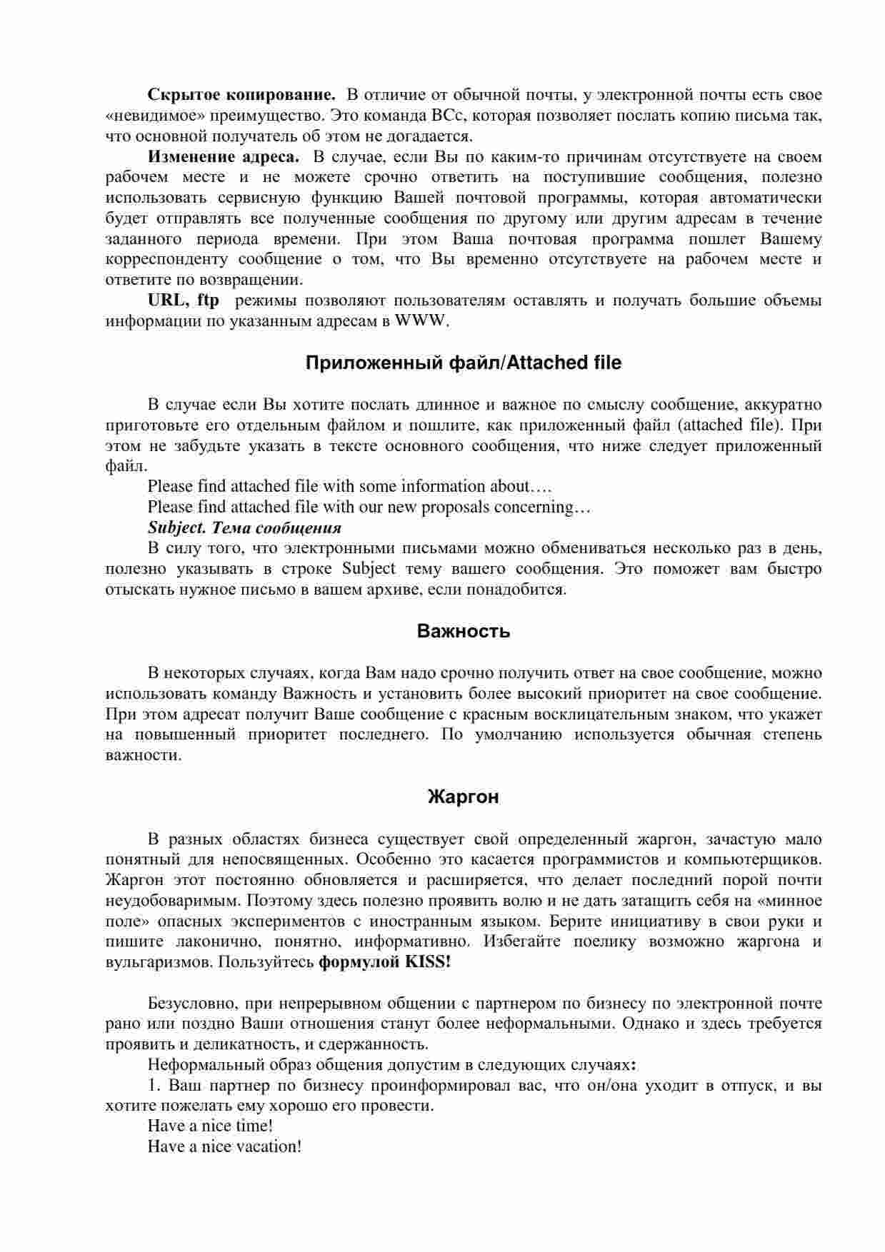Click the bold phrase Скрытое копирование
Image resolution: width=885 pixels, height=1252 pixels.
[241, 95]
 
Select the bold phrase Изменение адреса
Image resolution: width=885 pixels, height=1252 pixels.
[223, 157]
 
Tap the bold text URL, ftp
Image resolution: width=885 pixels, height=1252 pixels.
[184, 301]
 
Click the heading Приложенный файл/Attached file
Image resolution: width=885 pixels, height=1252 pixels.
[463, 363]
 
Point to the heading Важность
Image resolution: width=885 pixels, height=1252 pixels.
[463, 632]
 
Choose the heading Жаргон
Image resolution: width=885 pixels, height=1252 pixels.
[463, 797]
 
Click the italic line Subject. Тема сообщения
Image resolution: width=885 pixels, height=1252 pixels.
[244, 528]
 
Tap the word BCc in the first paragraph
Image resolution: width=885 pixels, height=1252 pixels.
[449, 116]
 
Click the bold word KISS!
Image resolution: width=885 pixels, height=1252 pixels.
[428, 962]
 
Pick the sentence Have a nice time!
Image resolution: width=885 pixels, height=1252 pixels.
[210, 1126]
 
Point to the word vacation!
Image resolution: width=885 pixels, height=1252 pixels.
[269, 1147]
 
